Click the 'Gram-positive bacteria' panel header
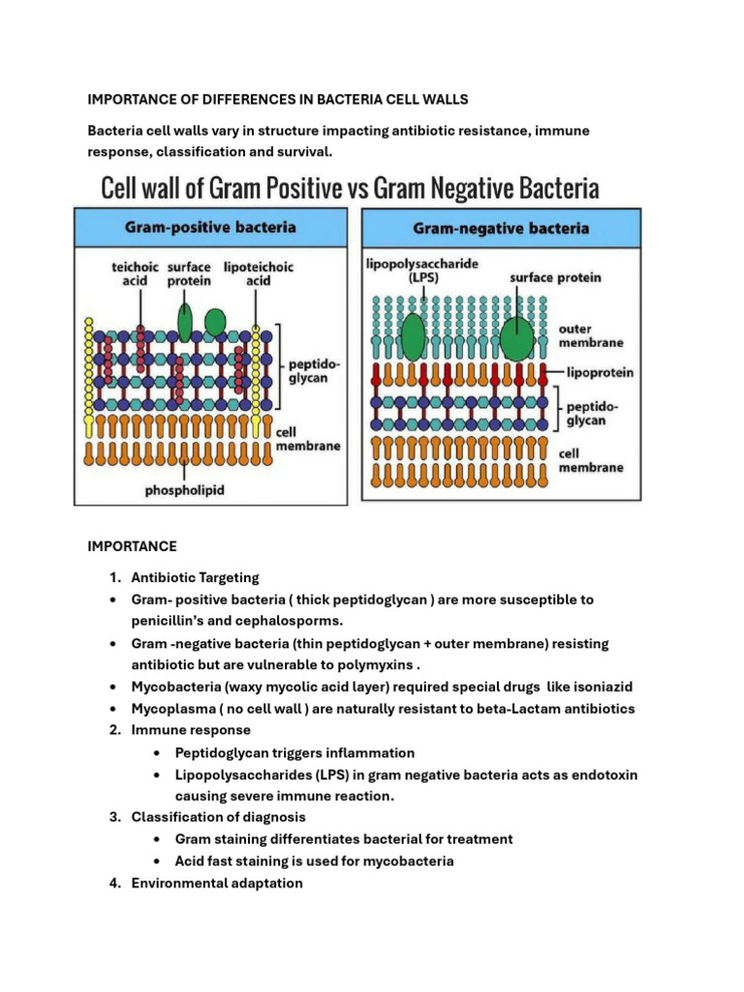pyautogui.click(x=211, y=229)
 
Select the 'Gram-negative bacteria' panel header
pyautogui.click(x=501, y=230)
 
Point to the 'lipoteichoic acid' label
pyautogui.click(x=260, y=273)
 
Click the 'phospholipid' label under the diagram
pyautogui.click(x=184, y=490)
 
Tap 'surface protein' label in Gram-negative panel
pyautogui.click(x=555, y=277)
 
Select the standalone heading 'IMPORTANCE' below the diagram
pyautogui.click(x=132, y=546)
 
